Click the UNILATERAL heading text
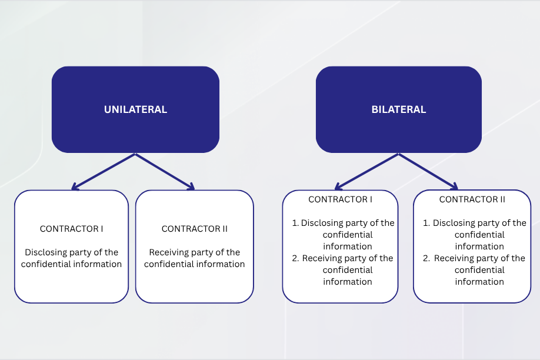pyautogui.click(x=135, y=109)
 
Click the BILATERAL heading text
pyautogui.click(x=398, y=109)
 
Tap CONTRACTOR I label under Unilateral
pyautogui.click(x=71, y=229)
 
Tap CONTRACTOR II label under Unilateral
pyautogui.click(x=195, y=229)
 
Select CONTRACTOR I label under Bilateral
pyautogui.click(x=340, y=199)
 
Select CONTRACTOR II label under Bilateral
pyautogui.click(x=472, y=199)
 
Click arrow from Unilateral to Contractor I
pyautogui.click(x=104, y=172)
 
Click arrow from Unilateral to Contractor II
pyautogui.click(x=165, y=172)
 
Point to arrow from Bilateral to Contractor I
pyautogui.click(x=367, y=172)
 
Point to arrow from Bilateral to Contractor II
pyautogui.click(x=428, y=172)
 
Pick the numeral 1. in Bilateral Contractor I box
pyautogui.click(x=295, y=223)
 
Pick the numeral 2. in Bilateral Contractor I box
pyautogui.click(x=295, y=258)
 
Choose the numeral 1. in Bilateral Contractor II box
pyautogui.click(x=426, y=223)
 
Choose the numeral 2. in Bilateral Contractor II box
pyautogui.click(x=426, y=258)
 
